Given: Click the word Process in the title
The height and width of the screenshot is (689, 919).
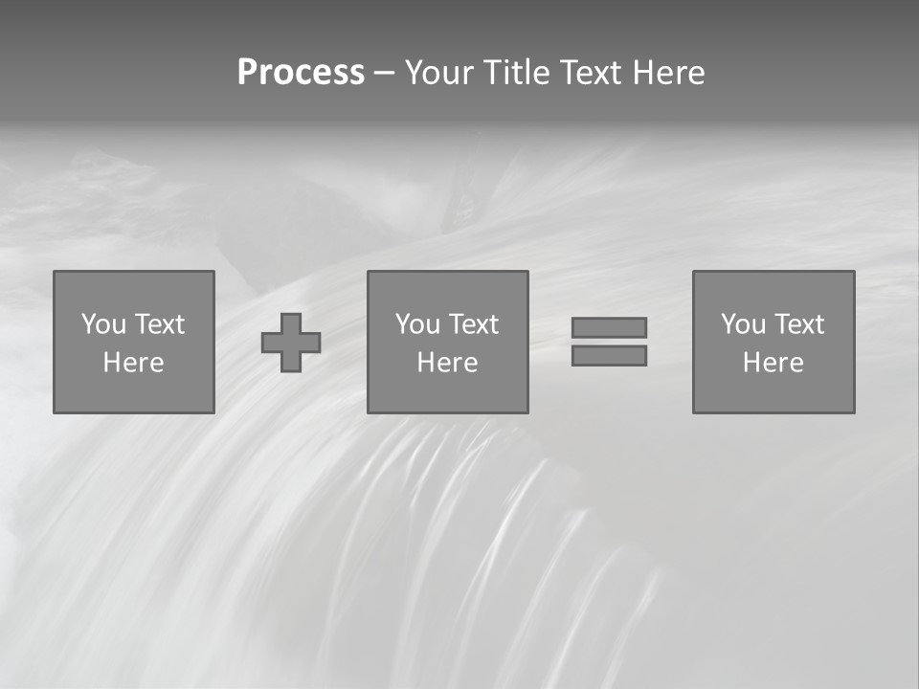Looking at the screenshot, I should pos(301,73).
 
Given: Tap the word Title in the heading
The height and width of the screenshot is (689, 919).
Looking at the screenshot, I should pos(515,73).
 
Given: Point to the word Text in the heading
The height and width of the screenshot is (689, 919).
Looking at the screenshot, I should pos(589,73).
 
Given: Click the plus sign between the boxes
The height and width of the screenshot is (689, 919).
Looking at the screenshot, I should pos(291,343).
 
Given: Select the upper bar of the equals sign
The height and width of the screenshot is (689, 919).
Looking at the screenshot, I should pos(609,327).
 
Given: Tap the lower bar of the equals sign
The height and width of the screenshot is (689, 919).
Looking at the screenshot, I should pos(609,356).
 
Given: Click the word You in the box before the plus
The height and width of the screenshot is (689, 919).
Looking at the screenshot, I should pos(103,324).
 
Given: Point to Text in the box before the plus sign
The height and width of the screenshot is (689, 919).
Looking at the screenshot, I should pos(158,324).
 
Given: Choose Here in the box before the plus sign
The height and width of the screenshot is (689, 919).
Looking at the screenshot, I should pos(133,363).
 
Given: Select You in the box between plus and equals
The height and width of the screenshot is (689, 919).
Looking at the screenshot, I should pos(417,324).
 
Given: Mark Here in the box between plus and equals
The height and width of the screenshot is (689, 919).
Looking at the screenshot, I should pos(447,363).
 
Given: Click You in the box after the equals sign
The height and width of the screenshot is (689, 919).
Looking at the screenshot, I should pos(743,324).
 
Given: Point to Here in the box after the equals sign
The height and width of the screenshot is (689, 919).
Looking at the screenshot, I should pos(773,363).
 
